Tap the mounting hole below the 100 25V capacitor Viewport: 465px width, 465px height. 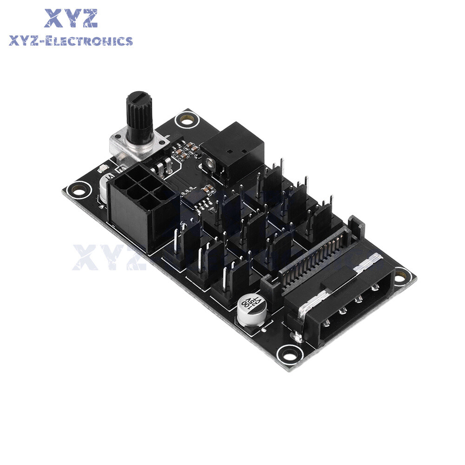(x=287, y=356)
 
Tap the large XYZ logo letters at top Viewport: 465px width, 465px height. (x=71, y=18)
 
